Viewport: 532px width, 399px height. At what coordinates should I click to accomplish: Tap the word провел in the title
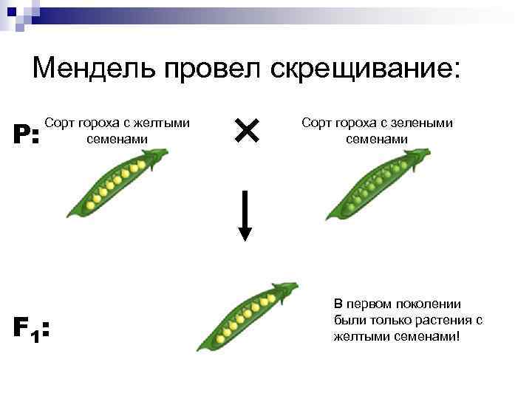(215, 69)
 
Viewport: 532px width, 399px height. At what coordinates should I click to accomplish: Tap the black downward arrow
(245, 214)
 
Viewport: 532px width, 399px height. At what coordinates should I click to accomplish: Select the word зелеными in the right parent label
(424, 124)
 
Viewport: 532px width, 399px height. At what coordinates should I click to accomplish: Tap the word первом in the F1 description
(369, 304)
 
